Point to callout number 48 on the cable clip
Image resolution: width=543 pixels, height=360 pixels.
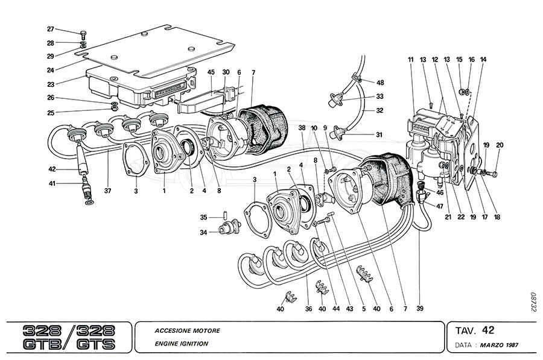click(379, 82)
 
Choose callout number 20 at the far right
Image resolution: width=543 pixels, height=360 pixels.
click(499, 145)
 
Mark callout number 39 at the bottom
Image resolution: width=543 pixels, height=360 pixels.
click(420, 309)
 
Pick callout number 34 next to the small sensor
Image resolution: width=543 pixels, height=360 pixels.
click(203, 232)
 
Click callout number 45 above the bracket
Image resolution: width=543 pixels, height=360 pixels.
click(211, 72)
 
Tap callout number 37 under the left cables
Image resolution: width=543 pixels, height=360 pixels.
click(107, 192)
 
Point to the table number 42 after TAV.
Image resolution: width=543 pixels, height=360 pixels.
click(489, 330)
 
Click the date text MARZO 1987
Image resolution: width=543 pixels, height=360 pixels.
click(499, 345)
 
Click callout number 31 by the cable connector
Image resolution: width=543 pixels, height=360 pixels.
click(379, 134)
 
